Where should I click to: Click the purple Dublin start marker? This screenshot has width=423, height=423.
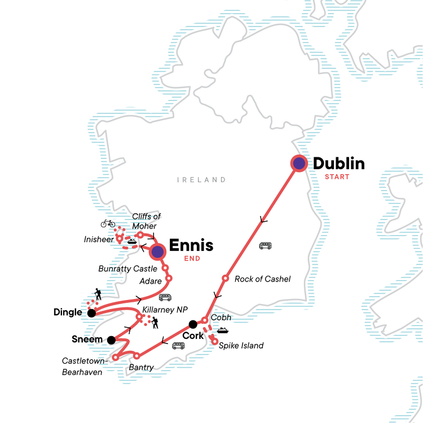point(298,164)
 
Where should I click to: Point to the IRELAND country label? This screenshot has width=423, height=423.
point(201,180)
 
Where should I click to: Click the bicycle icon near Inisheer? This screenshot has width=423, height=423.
point(108,223)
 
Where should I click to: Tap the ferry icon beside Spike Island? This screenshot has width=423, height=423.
point(222,331)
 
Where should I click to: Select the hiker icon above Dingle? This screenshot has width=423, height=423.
point(98,294)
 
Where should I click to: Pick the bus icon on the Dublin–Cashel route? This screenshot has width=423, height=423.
point(265,246)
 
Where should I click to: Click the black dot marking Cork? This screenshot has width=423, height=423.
point(193,324)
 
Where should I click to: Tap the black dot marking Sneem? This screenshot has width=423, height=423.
point(112,340)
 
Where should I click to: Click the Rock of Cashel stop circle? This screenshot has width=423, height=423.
point(225,278)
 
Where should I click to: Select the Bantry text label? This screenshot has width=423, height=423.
point(141,367)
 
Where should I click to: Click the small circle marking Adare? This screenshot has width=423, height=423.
point(169,278)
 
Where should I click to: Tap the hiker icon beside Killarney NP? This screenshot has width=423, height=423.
point(155,322)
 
